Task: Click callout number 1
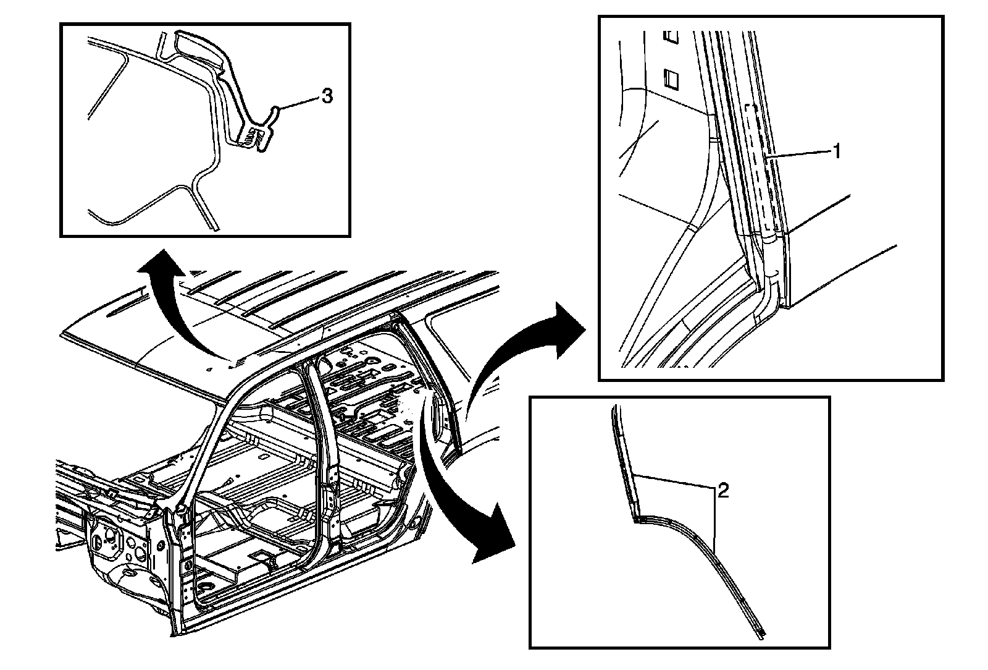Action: pos(837,151)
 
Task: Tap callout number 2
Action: pos(723,491)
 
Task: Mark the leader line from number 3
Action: pos(299,103)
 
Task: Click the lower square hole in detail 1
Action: pos(671,79)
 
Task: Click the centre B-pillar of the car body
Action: pos(328,445)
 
